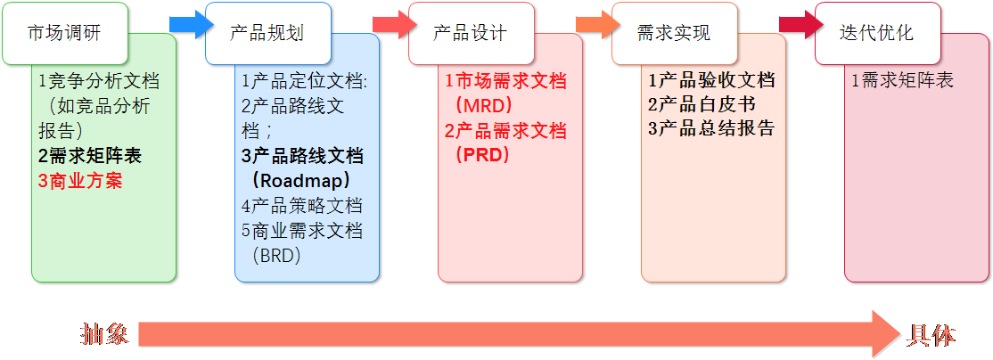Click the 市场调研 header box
click(65, 34)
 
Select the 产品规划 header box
click(268, 34)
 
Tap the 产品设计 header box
click(472, 34)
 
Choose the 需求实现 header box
click(675, 34)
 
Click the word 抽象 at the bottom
click(104, 334)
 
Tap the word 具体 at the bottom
click(931, 335)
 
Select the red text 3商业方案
click(80, 182)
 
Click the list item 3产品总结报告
click(711, 129)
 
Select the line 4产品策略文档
click(302, 206)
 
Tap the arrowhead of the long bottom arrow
click(887, 334)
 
